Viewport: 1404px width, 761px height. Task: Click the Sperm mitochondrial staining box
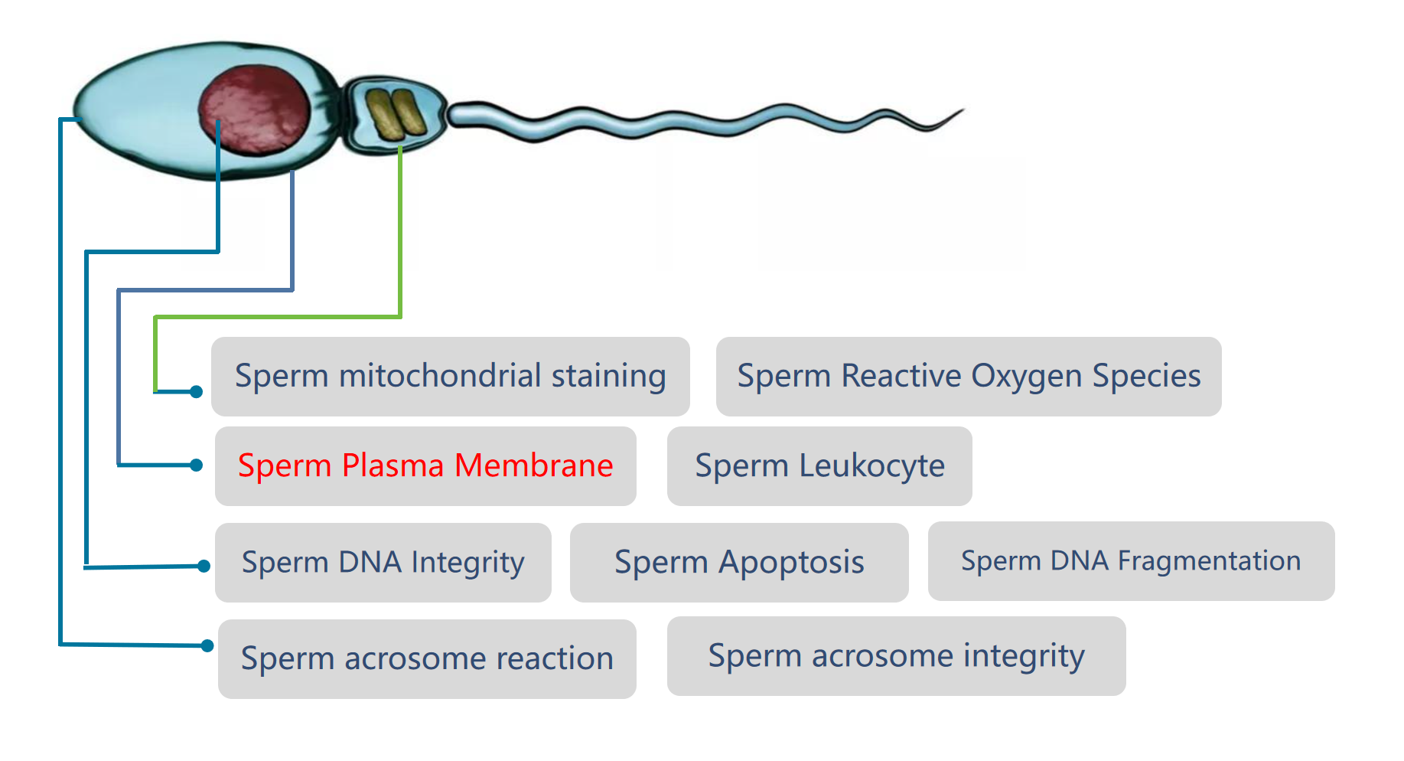pyautogui.click(x=451, y=377)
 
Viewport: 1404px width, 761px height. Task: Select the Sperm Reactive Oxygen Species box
pyautogui.click(x=969, y=377)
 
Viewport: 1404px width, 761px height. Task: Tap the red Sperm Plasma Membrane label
pyautogui.click(x=425, y=465)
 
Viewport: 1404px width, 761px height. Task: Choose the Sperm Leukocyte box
pyautogui.click(x=819, y=466)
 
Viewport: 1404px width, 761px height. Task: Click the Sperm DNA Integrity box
pyautogui.click(x=383, y=563)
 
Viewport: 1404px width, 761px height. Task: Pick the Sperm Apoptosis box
pyautogui.click(x=739, y=563)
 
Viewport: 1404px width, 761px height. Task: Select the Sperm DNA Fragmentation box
pyautogui.click(x=1132, y=561)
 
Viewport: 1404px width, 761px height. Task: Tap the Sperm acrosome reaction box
pyautogui.click(x=427, y=659)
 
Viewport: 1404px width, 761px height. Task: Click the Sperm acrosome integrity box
pyautogui.click(x=897, y=656)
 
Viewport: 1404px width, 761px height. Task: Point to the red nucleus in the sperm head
pyautogui.click(x=255, y=110)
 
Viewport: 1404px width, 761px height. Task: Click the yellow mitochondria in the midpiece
pyautogui.click(x=396, y=114)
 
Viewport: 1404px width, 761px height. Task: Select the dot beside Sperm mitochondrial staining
pyautogui.click(x=196, y=392)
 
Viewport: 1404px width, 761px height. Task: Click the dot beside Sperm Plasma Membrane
pyautogui.click(x=196, y=465)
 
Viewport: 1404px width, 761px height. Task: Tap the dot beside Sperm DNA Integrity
pyautogui.click(x=204, y=566)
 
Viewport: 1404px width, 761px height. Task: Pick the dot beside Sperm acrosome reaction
pyautogui.click(x=207, y=645)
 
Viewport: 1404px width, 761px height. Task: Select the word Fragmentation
pyautogui.click(x=1209, y=561)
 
